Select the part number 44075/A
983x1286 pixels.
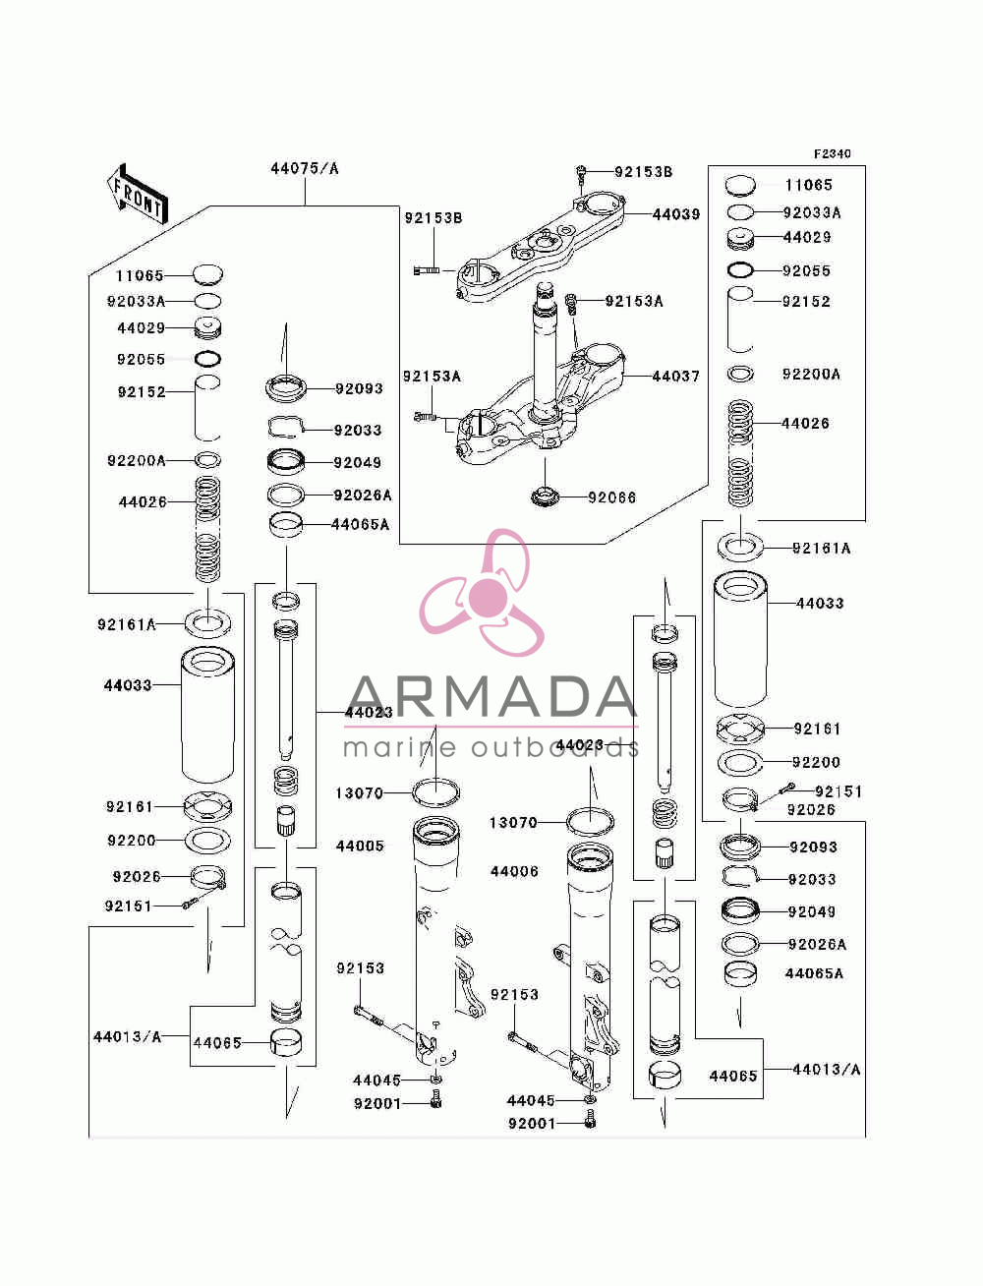[x=305, y=169]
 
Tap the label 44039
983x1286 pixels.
[x=676, y=214]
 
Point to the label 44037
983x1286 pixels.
[x=676, y=377]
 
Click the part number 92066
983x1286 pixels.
[x=611, y=497]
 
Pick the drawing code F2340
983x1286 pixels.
[x=832, y=154]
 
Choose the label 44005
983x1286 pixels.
[x=360, y=846]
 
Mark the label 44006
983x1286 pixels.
[x=514, y=871]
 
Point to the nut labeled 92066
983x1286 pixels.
[x=545, y=497]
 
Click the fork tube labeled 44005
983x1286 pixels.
[x=436, y=943]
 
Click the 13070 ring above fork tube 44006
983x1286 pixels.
[x=591, y=820]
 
